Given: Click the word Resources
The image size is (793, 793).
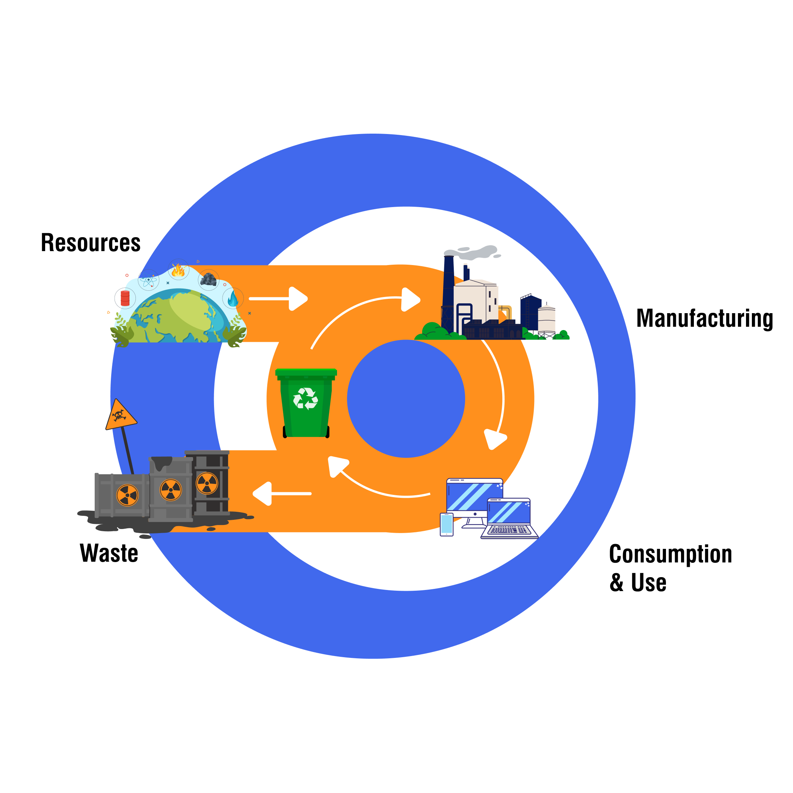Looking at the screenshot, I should (x=91, y=243).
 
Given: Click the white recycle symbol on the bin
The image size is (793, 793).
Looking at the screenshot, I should (x=305, y=399).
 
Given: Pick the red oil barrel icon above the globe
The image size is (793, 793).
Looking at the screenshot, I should (x=125, y=298).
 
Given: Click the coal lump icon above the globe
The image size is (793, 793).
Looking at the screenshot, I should (x=209, y=280).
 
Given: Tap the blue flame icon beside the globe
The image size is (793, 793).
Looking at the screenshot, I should (x=233, y=299).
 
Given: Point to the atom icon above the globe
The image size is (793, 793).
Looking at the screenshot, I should (x=149, y=280).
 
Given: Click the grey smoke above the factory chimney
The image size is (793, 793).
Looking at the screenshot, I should (x=476, y=253).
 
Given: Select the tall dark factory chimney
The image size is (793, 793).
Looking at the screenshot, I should (x=448, y=292).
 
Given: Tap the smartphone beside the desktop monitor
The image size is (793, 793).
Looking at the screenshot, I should (x=446, y=524).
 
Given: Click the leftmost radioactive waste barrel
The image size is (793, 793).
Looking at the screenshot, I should (x=122, y=495).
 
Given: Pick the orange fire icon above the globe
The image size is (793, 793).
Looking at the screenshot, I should (x=178, y=270).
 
